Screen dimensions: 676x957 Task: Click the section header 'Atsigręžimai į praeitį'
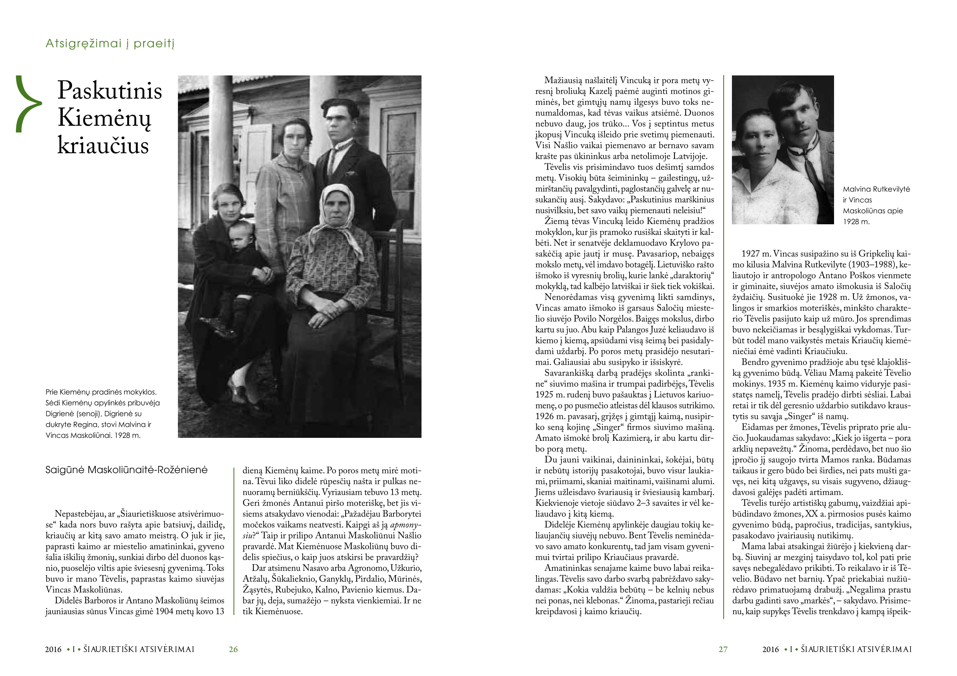[x=110, y=44]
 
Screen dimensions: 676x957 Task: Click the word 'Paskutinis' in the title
[x=110, y=90]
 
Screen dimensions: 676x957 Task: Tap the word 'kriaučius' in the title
[x=103, y=146]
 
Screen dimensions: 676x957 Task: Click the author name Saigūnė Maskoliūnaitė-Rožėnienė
[x=126, y=470]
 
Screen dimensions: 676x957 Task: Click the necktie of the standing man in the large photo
[x=334, y=160]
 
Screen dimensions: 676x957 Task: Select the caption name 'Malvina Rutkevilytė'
[x=876, y=189]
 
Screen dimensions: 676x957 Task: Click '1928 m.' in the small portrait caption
[x=857, y=222]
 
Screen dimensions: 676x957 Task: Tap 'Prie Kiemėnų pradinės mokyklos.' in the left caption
[x=101, y=392]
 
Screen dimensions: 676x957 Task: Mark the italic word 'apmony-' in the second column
[x=406, y=525]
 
